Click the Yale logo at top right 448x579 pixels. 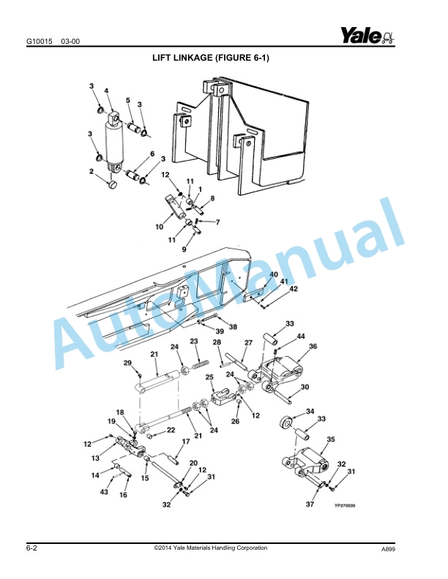(x=367, y=35)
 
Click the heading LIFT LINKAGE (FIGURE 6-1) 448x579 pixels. (x=210, y=57)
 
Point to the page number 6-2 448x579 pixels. (x=32, y=548)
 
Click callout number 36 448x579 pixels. (x=313, y=347)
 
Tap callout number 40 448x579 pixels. (x=274, y=275)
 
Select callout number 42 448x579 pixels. (x=294, y=289)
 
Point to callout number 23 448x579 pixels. (x=195, y=341)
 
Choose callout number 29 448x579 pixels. (x=127, y=363)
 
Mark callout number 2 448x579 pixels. (x=92, y=172)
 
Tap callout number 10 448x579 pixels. (x=159, y=227)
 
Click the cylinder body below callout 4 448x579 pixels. (x=116, y=143)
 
